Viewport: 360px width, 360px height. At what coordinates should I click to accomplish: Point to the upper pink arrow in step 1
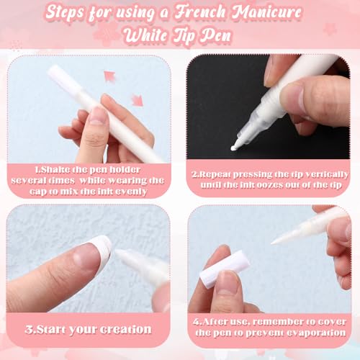(109, 75)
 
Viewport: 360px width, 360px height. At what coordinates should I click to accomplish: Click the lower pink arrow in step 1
(137, 99)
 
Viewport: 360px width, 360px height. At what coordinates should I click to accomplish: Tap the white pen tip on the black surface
(235, 146)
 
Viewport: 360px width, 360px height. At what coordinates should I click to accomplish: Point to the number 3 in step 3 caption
(29, 330)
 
